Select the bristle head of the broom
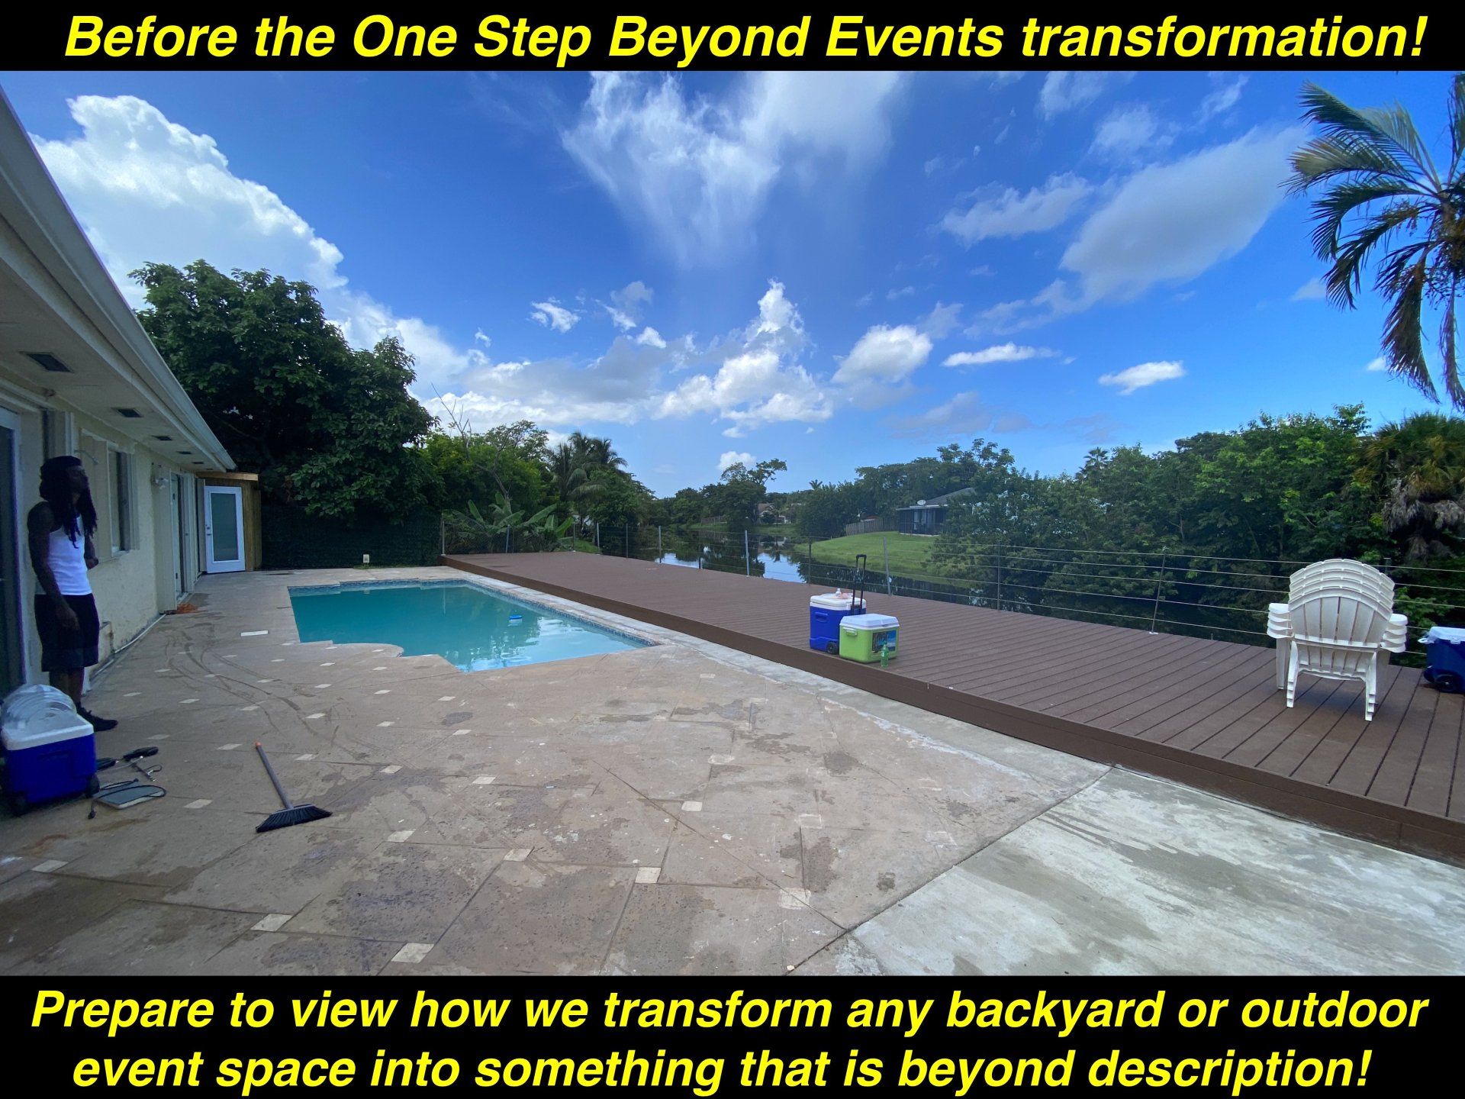click(x=293, y=817)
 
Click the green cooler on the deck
click(x=868, y=637)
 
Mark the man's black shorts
click(x=67, y=630)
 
